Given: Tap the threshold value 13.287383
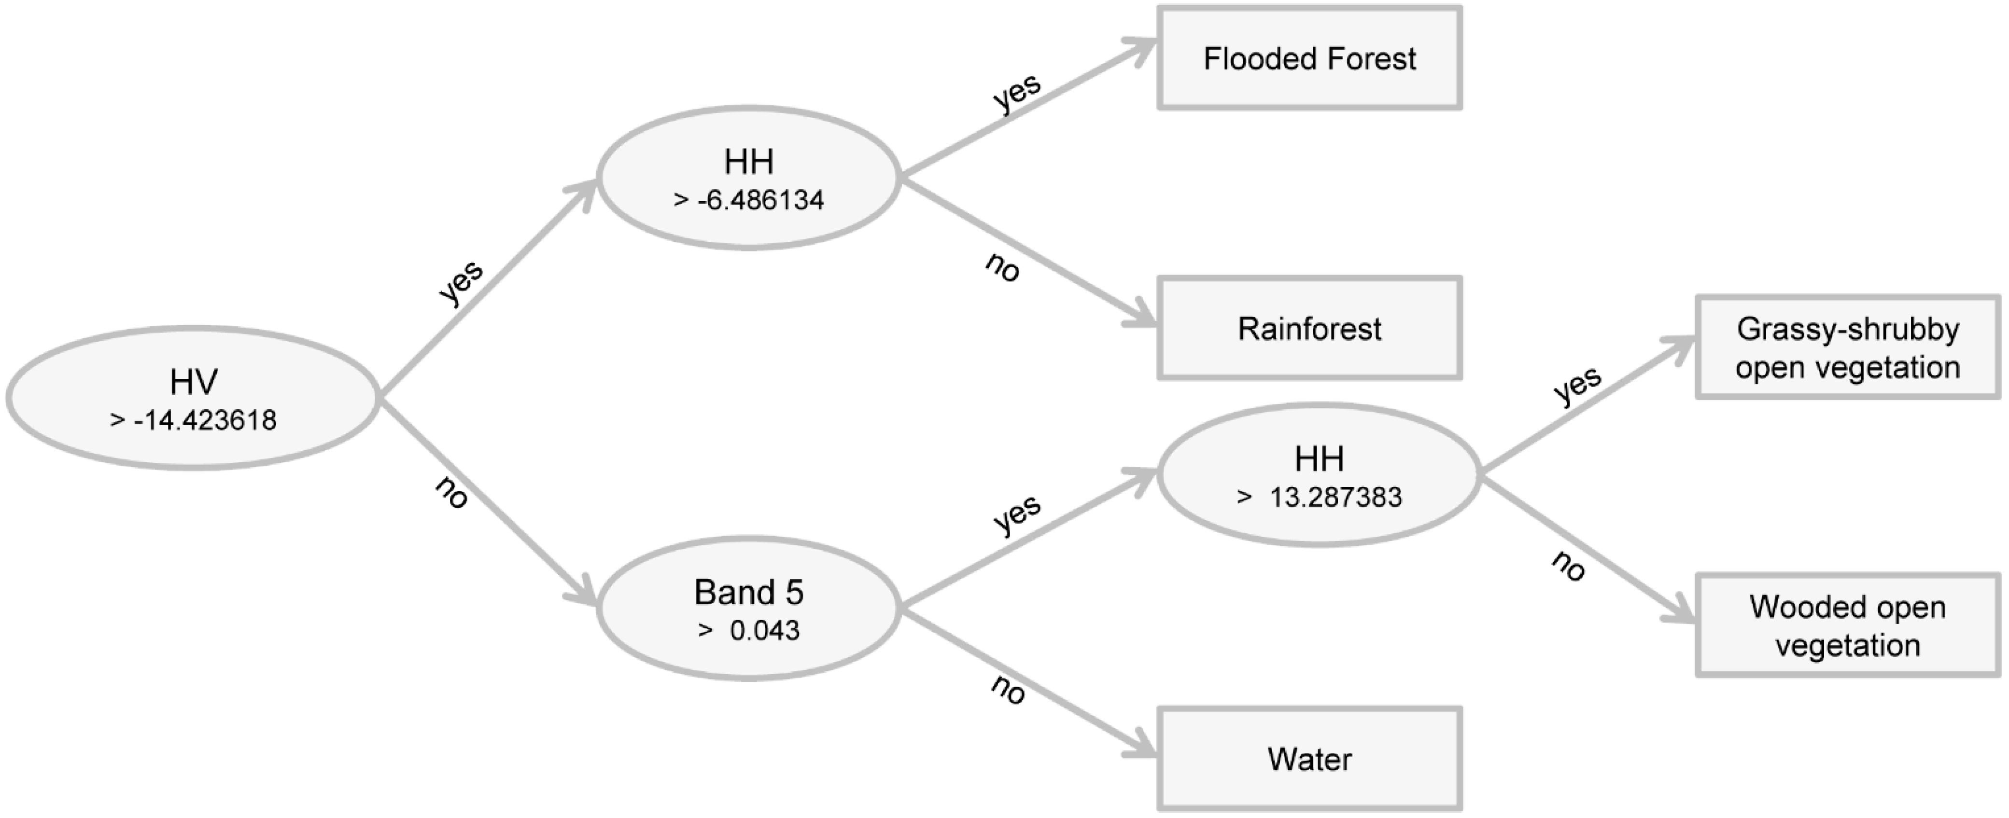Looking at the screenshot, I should point(1335,497).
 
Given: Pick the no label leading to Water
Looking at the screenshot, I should point(1008,689).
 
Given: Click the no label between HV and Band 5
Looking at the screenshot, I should point(451,492).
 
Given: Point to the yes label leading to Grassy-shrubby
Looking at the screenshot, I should point(1577,385).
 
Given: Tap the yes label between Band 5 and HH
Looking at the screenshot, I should point(1017,514).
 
